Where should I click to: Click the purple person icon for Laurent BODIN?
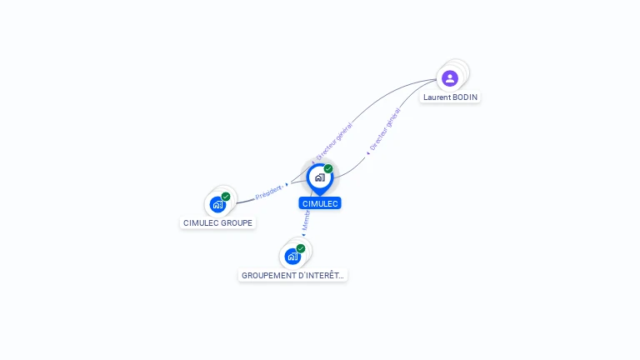click(x=450, y=78)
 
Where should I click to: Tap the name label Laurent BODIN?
click(x=451, y=97)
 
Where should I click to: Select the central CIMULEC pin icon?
click(x=319, y=177)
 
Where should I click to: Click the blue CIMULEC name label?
click(x=320, y=203)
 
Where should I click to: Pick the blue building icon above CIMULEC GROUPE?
click(x=217, y=204)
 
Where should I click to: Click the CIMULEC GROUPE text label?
click(x=217, y=223)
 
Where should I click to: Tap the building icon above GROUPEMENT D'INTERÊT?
click(x=292, y=256)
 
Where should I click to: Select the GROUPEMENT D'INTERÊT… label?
click(x=292, y=276)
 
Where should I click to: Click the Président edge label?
click(x=268, y=192)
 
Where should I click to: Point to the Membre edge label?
click(x=306, y=221)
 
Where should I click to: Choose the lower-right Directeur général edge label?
click(x=384, y=129)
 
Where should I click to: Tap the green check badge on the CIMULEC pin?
click(x=328, y=168)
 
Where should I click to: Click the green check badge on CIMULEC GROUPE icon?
click(x=226, y=197)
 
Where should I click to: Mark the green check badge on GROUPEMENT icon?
click(x=301, y=248)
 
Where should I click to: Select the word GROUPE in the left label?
click(x=237, y=223)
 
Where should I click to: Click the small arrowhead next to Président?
click(x=287, y=185)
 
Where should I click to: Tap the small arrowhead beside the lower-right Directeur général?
click(x=367, y=153)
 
